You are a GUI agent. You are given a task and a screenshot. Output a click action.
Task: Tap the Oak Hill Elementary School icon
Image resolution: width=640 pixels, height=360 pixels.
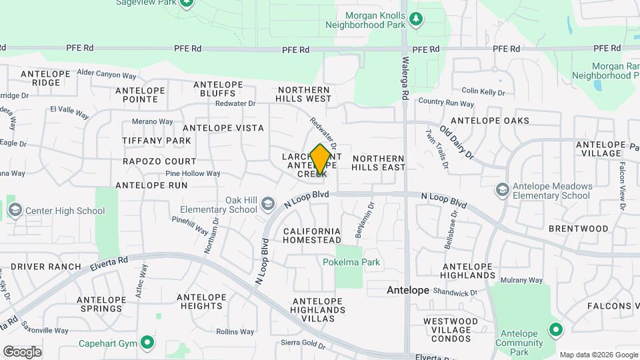pyautogui.click(x=268, y=203)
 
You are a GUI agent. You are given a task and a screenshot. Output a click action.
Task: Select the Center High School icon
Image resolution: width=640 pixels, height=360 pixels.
pyautogui.click(x=15, y=211)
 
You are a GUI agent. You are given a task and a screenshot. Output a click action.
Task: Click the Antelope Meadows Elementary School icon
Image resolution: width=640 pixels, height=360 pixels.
pyautogui.click(x=502, y=190)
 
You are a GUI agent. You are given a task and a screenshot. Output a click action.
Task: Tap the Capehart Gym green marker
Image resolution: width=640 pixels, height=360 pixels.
pyautogui.click(x=147, y=343)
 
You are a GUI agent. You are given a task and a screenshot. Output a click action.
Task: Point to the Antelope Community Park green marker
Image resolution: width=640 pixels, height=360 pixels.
pyautogui.click(x=555, y=329)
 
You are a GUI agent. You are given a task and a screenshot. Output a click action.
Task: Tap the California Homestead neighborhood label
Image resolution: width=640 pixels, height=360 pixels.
pyautogui.click(x=312, y=235)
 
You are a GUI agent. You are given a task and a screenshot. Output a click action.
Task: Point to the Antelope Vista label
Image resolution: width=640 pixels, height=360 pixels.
pyautogui.click(x=223, y=127)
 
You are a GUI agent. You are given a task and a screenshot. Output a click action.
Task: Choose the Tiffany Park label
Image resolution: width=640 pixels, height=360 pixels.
pyautogui.click(x=157, y=141)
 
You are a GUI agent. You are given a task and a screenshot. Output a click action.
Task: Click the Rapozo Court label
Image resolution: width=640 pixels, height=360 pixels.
pyautogui.click(x=159, y=161)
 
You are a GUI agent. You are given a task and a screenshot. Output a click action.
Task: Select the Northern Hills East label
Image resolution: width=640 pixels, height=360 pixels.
pyautogui.click(x=379, y=163)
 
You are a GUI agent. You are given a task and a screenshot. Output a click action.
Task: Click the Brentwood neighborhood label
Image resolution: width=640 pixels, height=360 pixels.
pyautogui.click(x=578, y=229)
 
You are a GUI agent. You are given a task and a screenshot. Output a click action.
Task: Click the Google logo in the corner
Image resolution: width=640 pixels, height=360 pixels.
pyautogui.click(x=22, y=351)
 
